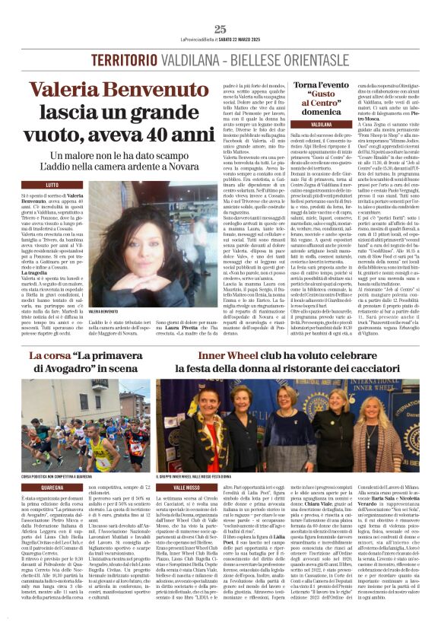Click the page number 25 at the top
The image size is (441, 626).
point(220,29)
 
